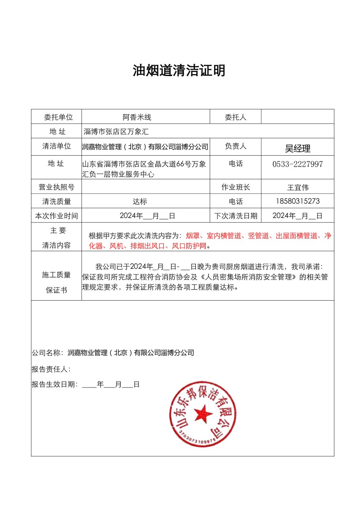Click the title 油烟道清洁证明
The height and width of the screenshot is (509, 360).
coord(179,71)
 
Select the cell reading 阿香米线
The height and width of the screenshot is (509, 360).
coord(137,117)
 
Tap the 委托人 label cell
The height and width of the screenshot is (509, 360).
coord(235,117)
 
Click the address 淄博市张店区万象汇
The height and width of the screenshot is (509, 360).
coord(116,132)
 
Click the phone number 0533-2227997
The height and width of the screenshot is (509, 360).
coord(297,164)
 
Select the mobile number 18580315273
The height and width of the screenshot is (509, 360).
coord(297,201)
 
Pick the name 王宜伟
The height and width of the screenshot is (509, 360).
coord(297,187)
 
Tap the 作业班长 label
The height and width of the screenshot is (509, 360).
coord(235,187)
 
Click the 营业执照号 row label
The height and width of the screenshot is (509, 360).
coord(57,187)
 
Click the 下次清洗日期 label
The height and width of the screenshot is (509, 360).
coord(236,216)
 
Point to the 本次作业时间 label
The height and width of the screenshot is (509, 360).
coord(57,216)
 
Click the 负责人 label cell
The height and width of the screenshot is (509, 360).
coord(235,146)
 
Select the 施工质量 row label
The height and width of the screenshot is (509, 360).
coord(57,275)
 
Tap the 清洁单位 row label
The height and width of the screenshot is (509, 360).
coord(57,146)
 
